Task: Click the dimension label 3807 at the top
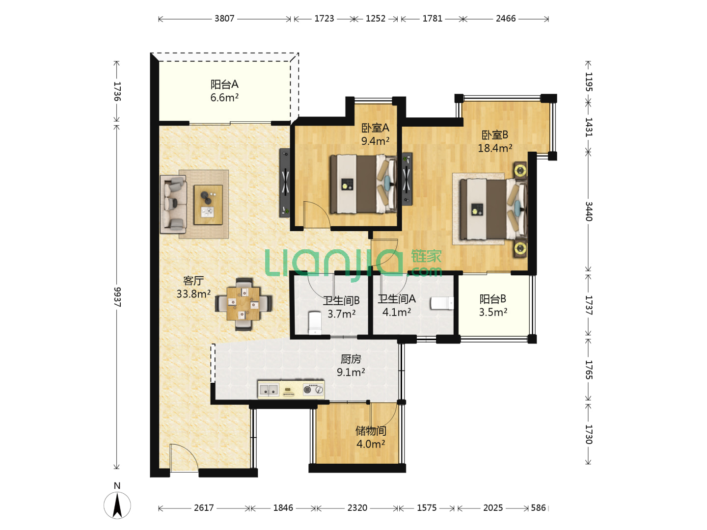click(224, 19)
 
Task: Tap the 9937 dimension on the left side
click(117, 297)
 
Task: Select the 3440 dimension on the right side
click(588, 211)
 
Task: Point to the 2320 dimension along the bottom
click(357, 507)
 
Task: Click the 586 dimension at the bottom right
click(538, 507)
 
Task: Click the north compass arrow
click(117, 505)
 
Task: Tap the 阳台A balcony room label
click(224, 84)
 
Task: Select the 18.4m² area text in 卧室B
click(495, 148)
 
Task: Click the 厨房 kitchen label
click(351, 359)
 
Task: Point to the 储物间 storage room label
click(371, 430)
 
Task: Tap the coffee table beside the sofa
click(208, 205)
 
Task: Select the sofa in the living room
click(173, 204)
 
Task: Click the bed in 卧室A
click(363, 184)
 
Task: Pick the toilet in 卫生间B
click(315, 323)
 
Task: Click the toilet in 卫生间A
click(442, 303)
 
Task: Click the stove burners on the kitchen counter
click(313, 390)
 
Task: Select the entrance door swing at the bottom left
click(184, 458)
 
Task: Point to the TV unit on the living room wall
click(285, 183)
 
